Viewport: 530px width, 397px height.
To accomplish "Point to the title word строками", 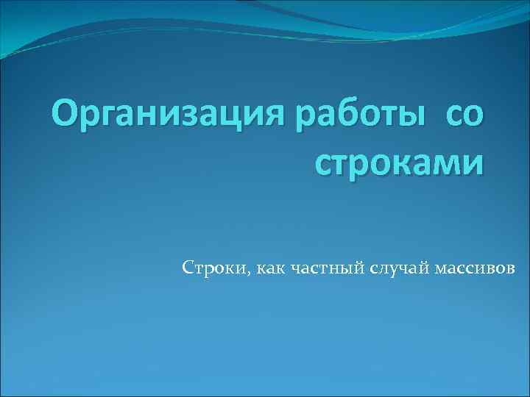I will coord(400,162).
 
